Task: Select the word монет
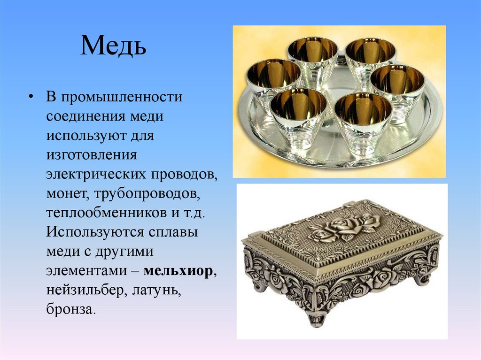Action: pyautogui.click(x=65, y=193)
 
